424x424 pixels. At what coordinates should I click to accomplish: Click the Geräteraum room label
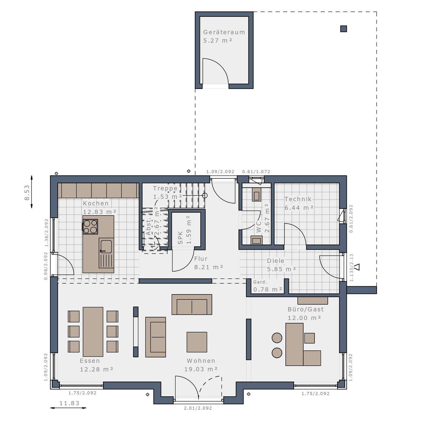click(224, 32)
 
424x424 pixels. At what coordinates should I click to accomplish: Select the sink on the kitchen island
click(106, 247)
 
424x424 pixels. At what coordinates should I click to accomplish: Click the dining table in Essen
click(93, 332)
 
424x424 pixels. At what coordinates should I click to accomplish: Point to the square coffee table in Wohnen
click(197, 342)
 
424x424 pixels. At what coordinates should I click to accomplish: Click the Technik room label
click(298, 199)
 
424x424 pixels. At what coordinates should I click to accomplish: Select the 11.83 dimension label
click(69, 403)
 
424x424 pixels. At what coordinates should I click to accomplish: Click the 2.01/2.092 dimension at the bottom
click(198, 408)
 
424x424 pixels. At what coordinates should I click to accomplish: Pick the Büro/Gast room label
click(306, 309)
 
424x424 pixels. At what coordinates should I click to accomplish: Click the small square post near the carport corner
click(343, 29)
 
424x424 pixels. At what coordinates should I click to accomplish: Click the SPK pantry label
click(180, 238)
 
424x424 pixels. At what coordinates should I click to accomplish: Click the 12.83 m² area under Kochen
click(100, 212)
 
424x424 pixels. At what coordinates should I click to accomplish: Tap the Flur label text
click(201, 259)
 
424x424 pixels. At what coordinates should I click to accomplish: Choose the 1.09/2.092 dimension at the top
click(220, 172)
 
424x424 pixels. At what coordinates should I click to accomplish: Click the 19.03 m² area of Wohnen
click(201, 369)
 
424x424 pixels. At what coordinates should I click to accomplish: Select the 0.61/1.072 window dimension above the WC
click(256, 172)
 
